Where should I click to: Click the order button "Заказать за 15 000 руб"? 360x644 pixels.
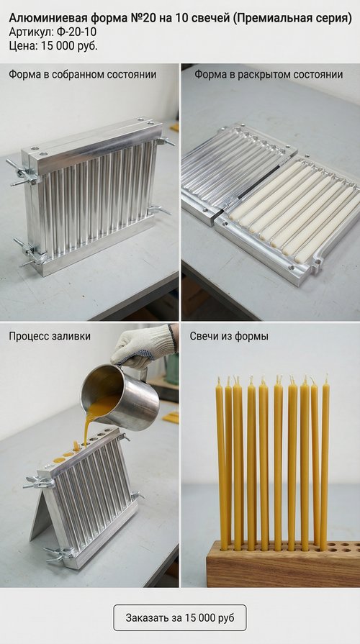click(x=180, y=617)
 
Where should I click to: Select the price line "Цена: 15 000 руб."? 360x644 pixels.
click(x=53, y=45)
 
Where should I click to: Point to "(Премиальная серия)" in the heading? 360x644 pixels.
click(x=292, y=19)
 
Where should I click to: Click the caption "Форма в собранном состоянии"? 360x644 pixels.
click(x=83, y=75)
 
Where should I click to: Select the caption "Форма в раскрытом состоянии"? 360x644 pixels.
click(x=269, y=75)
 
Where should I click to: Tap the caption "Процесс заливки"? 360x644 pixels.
click(x=50, y=336)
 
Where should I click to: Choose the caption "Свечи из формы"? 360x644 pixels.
click(x=229, y=336)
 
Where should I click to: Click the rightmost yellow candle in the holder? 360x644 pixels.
click(x=325, y=462)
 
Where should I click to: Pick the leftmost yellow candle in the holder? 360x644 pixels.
click(x=220, y=464)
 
